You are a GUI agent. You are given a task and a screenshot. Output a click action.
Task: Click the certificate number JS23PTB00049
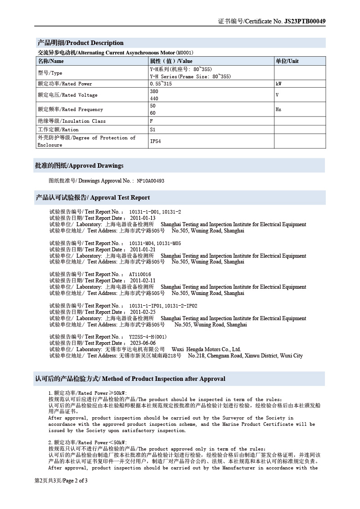coord(305,21)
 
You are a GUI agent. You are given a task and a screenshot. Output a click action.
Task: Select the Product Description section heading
coord(80,43)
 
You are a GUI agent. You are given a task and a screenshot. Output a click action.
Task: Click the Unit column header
coord(287,61)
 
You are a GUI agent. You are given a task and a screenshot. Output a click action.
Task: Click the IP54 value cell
coord(155,141)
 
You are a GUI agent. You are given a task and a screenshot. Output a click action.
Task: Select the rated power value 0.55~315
coord(161,84)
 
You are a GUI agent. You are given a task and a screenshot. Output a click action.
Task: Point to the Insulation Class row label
coord(72,121)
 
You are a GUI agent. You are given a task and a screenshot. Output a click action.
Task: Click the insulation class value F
coord(151,121)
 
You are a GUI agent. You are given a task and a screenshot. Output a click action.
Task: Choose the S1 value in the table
coord(153,129)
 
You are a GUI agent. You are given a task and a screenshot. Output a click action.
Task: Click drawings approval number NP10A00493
coord(150,181)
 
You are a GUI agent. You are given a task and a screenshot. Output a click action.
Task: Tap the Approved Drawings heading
coord(79,165)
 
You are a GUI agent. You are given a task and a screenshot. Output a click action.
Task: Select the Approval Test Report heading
coord(93,197)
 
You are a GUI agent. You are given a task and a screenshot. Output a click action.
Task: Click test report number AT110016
coord(140,274)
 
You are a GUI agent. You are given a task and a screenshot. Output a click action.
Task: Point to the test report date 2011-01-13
coord(143,218)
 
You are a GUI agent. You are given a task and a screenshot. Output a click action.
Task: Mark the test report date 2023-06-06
coord(143,343)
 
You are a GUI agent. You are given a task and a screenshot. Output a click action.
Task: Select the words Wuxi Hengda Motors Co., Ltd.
coord(206,349)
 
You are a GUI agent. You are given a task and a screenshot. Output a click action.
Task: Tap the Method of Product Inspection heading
coord(130,379)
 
